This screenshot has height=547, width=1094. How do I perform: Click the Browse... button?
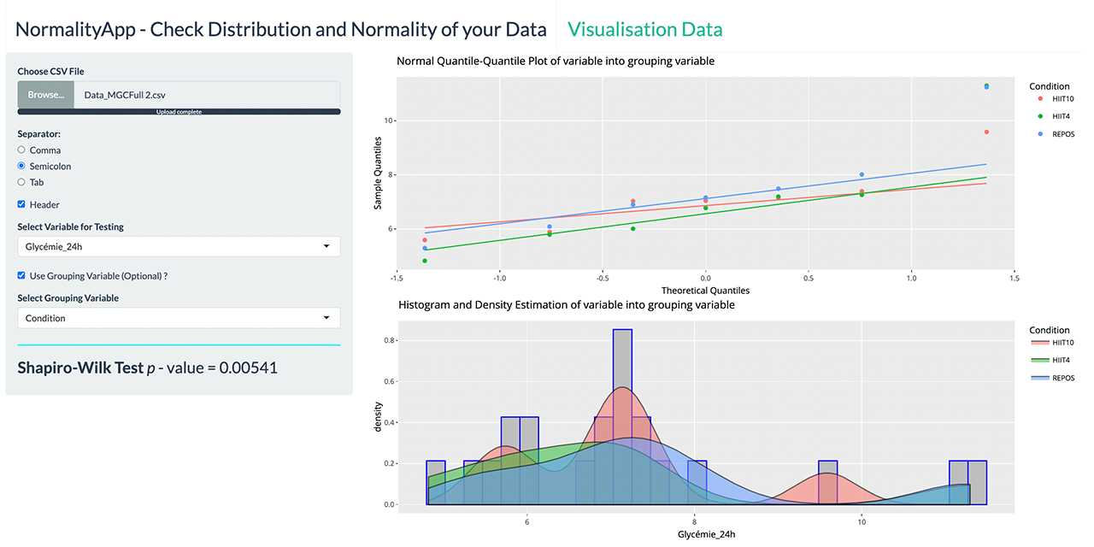click(x=45, y=95)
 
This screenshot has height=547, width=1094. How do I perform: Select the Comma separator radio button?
click(x=21, y=150)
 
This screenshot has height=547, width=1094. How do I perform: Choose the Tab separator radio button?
click(x=21, y=182)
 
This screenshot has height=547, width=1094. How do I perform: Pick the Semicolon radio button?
click(x=21, y=166)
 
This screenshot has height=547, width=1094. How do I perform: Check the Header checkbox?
click(x=21, y=205)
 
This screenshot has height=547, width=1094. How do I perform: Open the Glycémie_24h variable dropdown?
click(x=179, y=247)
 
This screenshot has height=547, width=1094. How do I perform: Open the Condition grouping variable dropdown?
click(x=179, y=318)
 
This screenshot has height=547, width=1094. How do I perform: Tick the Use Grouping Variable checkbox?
click(x=21, y=276)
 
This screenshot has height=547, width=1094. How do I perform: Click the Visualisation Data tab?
click(x=644, y=29)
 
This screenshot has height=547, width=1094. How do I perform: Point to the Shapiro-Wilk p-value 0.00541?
click(x=248, y=368)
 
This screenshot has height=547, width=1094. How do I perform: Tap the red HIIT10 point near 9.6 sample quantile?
click(x=986, y=132)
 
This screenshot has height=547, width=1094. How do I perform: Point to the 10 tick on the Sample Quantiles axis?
click(x=387, y=121)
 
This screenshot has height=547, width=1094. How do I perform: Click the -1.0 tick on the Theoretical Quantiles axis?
click(x=498, y=279)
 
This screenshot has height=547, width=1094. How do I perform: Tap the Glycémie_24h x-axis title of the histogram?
click(x=705, y=534)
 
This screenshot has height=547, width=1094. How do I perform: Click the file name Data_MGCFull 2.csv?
click(x=131, y=95)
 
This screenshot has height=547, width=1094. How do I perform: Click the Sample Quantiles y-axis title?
click(x=377, y=174)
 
